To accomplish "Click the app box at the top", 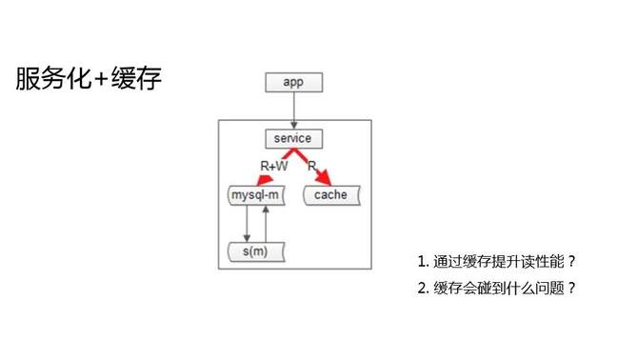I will coord(293,81).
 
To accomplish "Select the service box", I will coord(292,139).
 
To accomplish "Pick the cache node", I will coord(330,196).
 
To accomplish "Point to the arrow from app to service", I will coord(293,110).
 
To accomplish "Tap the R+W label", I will coord(274,166).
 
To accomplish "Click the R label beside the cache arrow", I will coord(312,166).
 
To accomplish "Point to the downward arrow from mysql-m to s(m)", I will coord(248,225).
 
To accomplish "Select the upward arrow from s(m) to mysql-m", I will coord(267,225).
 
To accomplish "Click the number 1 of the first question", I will coord(422,261).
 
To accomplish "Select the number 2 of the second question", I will coord(422,288).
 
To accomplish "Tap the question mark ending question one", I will coord(572,261).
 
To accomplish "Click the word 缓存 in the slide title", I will coord(138,79).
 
